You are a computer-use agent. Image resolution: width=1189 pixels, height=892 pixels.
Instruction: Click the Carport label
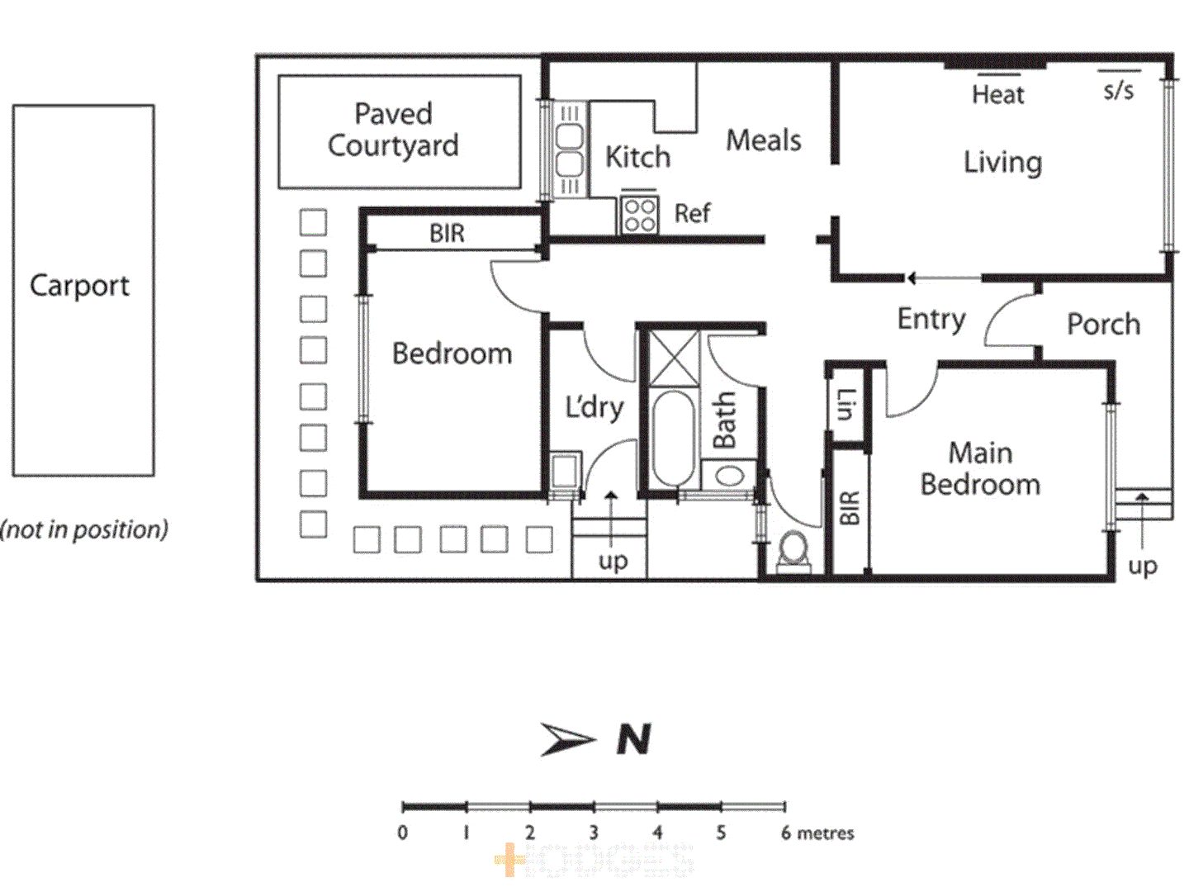point(79,286)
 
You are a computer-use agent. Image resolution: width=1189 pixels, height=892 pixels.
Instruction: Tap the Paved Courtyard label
point(393,130)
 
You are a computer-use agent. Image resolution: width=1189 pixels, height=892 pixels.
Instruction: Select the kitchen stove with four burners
point(639,214)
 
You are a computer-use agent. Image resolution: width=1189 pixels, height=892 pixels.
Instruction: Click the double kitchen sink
point(569,149)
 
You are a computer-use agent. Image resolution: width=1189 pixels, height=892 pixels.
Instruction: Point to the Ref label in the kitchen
point(692,214)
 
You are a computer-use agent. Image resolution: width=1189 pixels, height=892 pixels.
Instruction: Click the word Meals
point(763,140)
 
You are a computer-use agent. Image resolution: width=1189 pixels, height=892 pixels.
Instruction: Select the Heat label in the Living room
point(997,95)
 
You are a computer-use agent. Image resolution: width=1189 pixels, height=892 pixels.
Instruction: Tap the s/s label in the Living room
point(1119,90)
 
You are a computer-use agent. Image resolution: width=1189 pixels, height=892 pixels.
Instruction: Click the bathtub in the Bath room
point(673,437)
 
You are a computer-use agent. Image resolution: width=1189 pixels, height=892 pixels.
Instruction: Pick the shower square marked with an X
point(674,358)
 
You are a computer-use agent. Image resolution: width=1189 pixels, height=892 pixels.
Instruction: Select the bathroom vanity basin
point(729,476)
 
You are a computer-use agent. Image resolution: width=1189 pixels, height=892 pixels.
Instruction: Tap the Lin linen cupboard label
point(846,404)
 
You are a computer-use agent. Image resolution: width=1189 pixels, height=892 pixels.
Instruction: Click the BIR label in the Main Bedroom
point(850,508)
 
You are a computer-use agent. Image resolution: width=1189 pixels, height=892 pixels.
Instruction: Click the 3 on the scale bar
point(593,833)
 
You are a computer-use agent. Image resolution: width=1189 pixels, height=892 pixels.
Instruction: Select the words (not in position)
point(84,529)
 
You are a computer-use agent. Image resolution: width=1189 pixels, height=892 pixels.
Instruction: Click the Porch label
point(1103,325)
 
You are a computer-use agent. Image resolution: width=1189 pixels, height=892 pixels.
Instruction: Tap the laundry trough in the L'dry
point(566,472)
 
